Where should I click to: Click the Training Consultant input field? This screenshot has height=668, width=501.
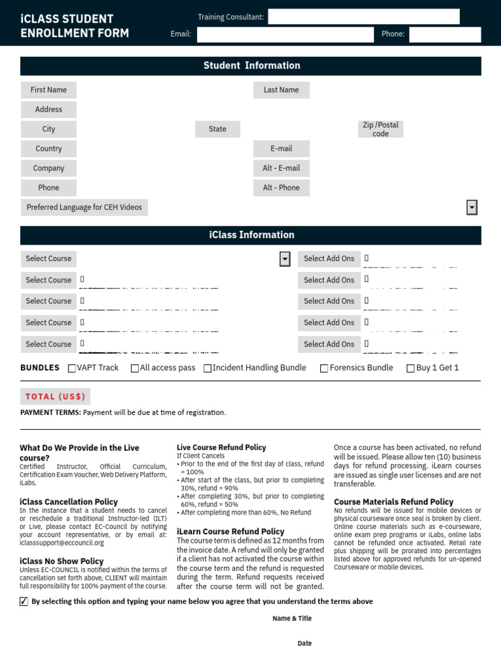(x=363, y=17)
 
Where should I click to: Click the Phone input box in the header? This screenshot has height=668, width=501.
(x=445, y=35)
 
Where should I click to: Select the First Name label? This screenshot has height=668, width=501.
(x=48, y=90)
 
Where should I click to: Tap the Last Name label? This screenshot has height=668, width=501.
(x=281, y=90)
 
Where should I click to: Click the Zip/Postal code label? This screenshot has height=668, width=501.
(x=380, y=129)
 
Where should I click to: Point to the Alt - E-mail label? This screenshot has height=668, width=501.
(x=281, y=168)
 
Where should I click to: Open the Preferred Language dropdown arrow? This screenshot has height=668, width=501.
(x=472, y=207)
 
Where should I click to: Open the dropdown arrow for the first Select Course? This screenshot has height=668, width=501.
(x=284, y=259)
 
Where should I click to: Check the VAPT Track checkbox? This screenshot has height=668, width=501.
(x=72, y=368)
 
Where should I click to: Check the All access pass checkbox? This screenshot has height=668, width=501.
(x=135, y=368)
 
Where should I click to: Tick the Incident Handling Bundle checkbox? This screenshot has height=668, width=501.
(x=207, y=368)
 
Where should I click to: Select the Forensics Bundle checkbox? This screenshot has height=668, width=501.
(x=324, y=368)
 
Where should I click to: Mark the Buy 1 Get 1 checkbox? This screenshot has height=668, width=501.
(x=410, y=368)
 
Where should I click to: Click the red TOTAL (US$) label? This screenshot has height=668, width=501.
(x=55, y=397)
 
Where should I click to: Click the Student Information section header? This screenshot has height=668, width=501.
(x=251, y=66)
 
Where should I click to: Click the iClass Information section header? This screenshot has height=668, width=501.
(x=251, y=235)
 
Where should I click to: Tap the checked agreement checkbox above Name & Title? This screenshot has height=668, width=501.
(x=24, y=601)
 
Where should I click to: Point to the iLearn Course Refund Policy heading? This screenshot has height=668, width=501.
(x=230, y=532)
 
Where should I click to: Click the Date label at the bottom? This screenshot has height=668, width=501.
(x=305, y=643)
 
